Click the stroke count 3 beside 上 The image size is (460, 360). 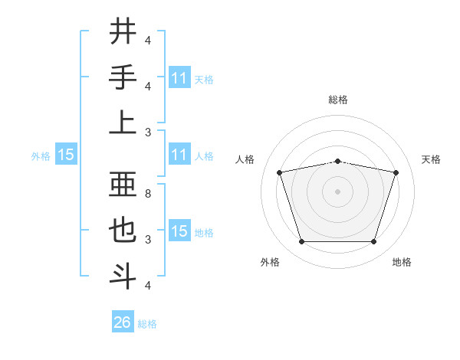[149, 131]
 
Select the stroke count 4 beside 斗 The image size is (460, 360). [149, 285]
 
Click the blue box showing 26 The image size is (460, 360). [122, 322]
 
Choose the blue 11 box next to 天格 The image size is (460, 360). [179, 78]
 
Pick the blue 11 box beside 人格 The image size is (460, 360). [179, 155]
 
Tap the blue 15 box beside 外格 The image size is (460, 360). [66, 155]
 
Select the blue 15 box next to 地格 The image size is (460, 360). [179, 232]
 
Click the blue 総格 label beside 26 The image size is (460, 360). [147, 324]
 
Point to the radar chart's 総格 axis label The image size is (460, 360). [337, 100]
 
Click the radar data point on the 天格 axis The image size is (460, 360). [396, 172]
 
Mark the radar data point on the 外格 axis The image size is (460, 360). [301, 242]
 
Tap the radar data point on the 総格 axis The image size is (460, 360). [337, 161]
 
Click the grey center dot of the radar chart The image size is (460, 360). [337, 191]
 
